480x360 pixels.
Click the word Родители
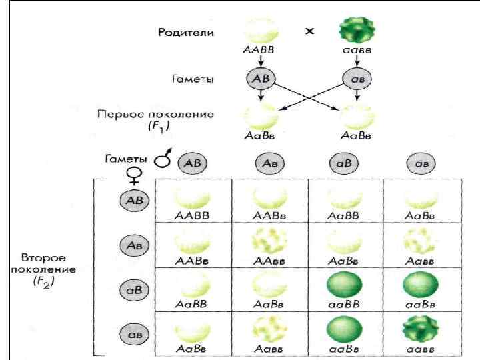tap(186, 32)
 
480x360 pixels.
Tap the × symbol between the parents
tap(309, 31)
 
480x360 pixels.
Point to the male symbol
tap(162, 161)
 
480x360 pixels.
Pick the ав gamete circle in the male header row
tap(420, 163)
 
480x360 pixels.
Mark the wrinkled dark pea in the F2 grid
tap(420, 329)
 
